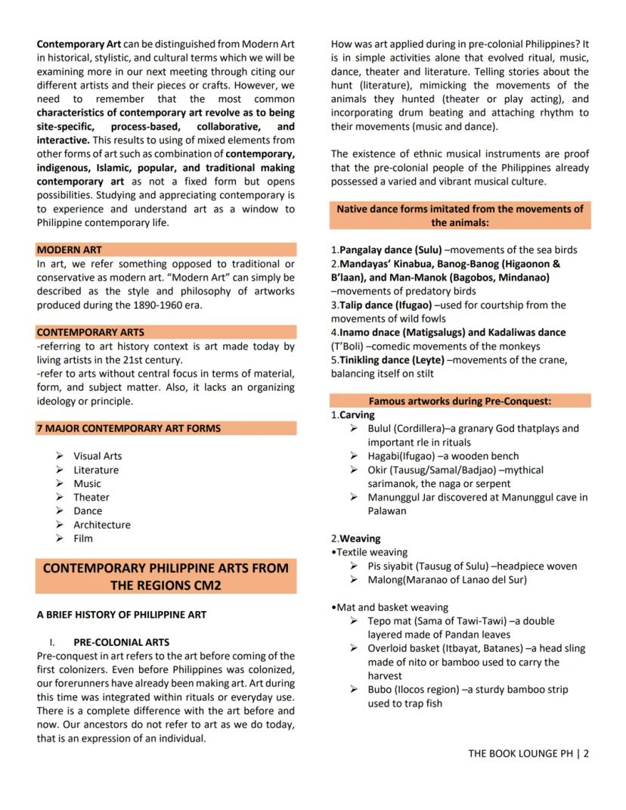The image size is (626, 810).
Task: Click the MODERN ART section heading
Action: coord(69,250)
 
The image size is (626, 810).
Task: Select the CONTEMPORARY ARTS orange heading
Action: coord(90,332)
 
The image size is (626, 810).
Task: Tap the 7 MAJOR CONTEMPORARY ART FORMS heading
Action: coord(129,428)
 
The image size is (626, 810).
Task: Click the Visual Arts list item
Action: coord(98,456)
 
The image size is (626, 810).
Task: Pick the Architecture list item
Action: coord(101,525)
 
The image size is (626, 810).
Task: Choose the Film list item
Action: coord(83,538)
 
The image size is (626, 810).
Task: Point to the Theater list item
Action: coord(91,497)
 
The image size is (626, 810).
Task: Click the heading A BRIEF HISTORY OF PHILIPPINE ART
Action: coord(121,614)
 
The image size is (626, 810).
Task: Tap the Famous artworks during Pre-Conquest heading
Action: coord(460,401)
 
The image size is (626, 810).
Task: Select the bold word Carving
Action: coord(357,415)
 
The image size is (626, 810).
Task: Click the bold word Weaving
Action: coord(360,538)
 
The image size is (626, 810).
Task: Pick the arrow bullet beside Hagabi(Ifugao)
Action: coord(354,456)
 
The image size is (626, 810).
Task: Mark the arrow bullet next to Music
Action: coord(59,483)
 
